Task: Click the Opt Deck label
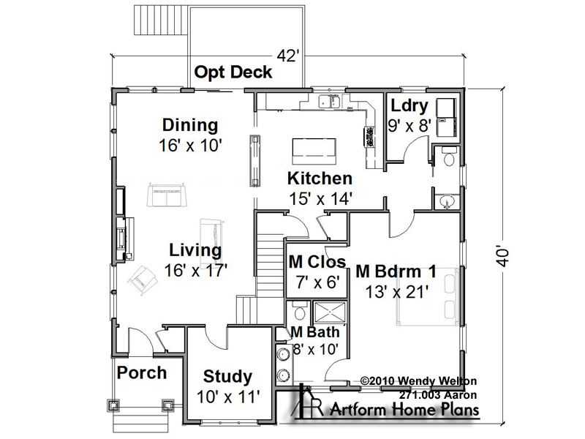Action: [x=233, y=72]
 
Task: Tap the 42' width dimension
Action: [x=288, y=56]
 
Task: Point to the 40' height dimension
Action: [x=503, y=255]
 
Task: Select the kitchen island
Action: [x=314, y=151]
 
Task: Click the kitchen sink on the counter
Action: [x=328, y=102]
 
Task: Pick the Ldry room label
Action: [x=409, y=106]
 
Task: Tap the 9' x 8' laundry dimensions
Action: [x=409, y=126]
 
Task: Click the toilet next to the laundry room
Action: [x=448, y=157]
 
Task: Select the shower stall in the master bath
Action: [x=331, y=313]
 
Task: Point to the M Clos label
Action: [x=317, y=262]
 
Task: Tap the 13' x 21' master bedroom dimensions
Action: [x=396, y=292]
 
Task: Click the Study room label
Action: [x=227, y=377]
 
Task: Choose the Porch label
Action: [x=142, y=373]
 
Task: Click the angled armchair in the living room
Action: [x=142, y=280]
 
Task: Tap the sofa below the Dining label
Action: [x=167, y=195]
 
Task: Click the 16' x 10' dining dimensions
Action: [x=190, y=145]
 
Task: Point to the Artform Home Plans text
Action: [x=404, y=410]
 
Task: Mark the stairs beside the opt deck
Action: [x=159, y=20]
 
